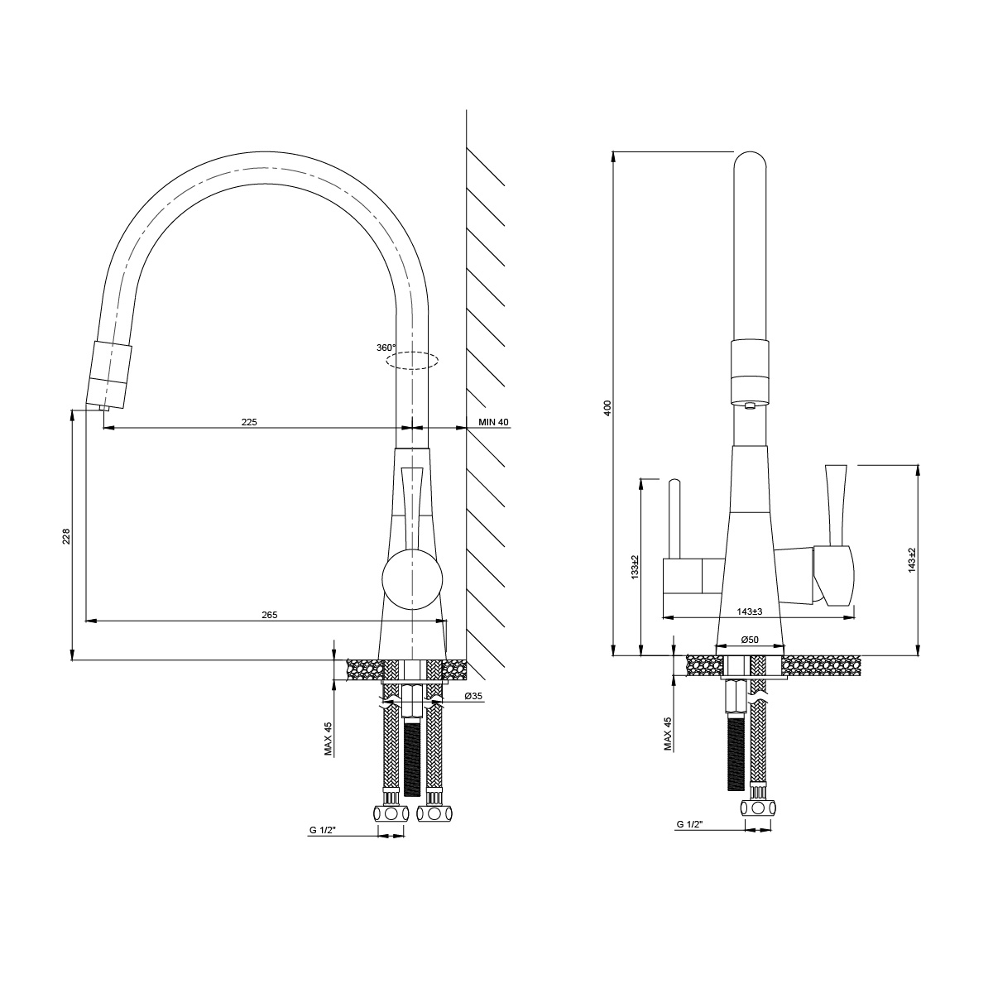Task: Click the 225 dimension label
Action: pos(249,421)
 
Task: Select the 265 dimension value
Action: pos(269,614)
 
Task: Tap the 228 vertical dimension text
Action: pos(67,537)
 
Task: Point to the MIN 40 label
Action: pos(493,422)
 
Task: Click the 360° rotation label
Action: pos(386,348)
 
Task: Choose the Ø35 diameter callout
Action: pos(473,697)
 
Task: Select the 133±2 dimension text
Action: pos(635,567)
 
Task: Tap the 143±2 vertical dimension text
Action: pos(911,560)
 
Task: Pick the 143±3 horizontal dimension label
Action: pos(749,611)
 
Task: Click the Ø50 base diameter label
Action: pos(750,639)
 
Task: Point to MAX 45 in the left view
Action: pos(329,738)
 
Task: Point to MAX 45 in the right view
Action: pos(668,733)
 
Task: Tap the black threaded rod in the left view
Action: pos(413,757)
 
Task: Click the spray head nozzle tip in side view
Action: pos(104,406)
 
